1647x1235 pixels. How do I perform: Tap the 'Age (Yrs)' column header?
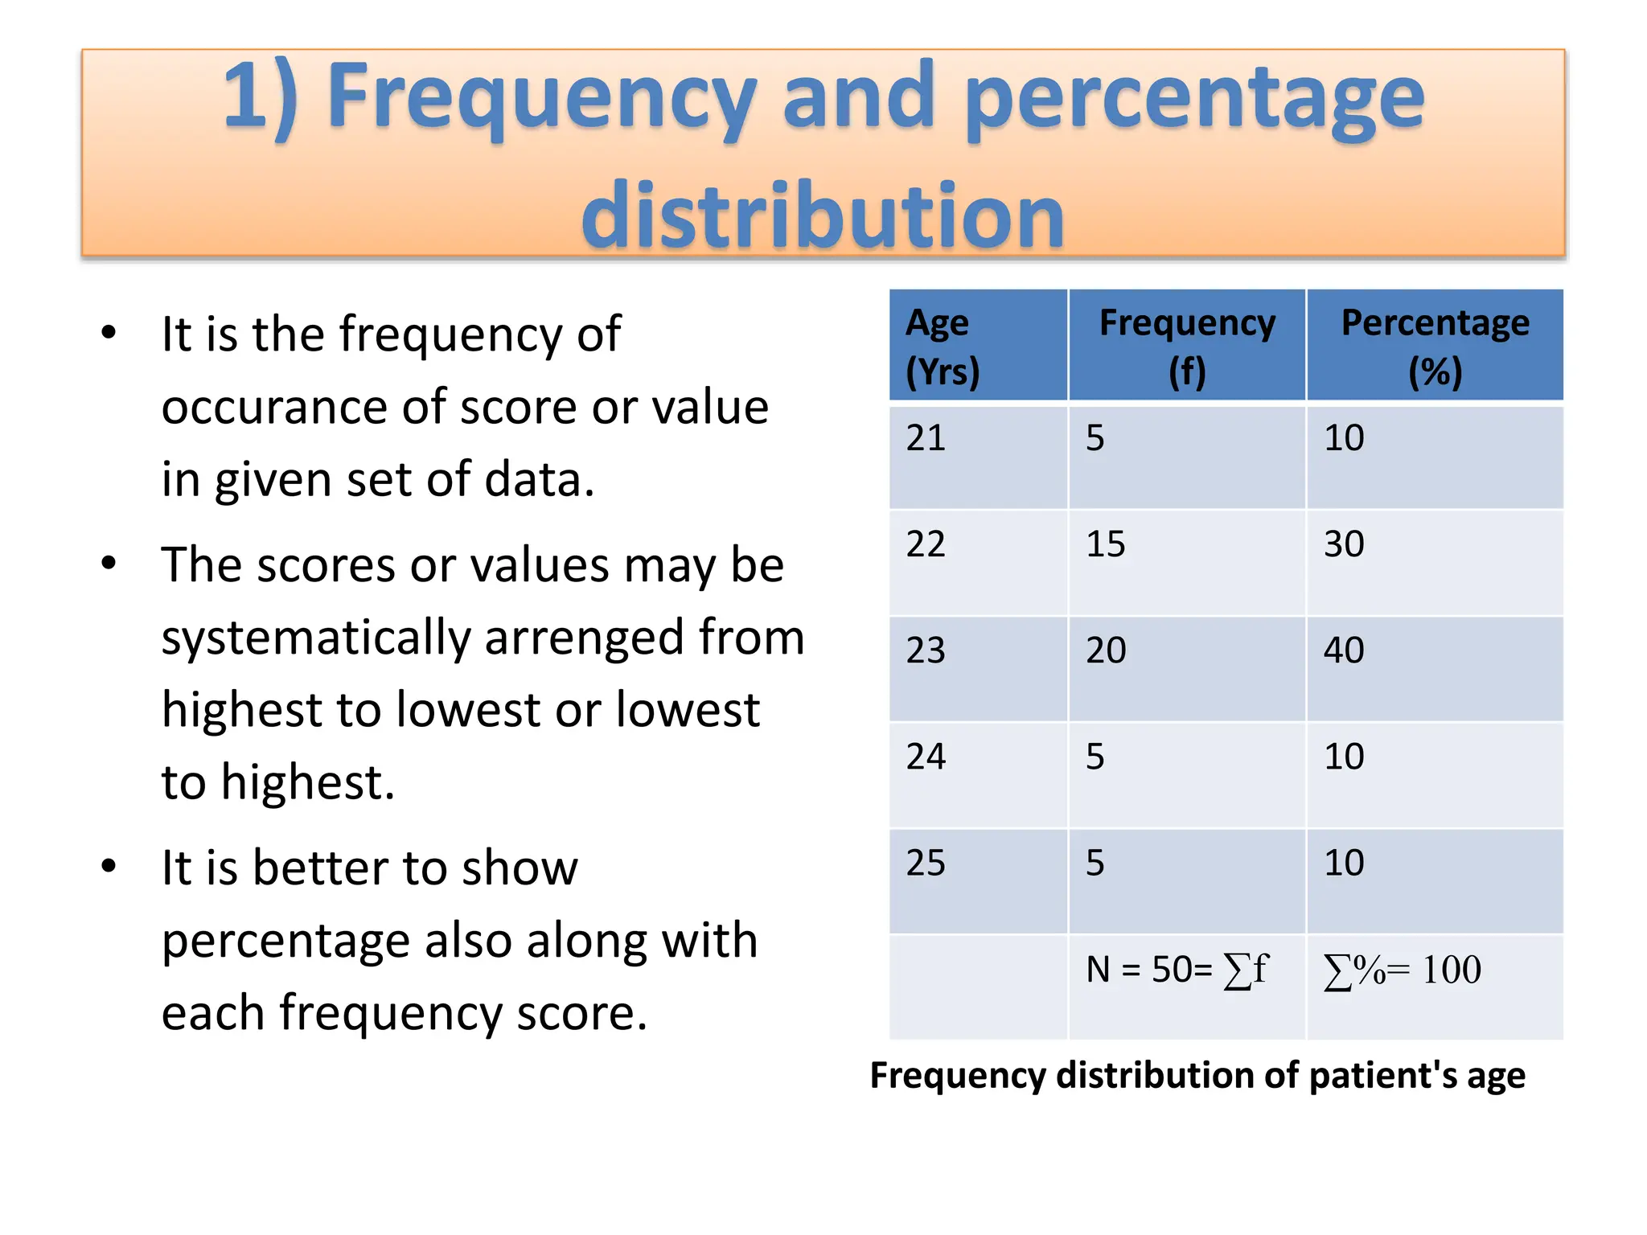[x=943, y=347]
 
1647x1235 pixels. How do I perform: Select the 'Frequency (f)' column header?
[x=1187, y=347]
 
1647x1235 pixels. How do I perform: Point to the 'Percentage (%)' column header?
[x=1435, y=347]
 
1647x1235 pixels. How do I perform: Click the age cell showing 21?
[x=926, y=438]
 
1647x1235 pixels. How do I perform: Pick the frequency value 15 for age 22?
[x=1106, y=544]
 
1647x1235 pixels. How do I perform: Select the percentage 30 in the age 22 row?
[x=1344, y=544]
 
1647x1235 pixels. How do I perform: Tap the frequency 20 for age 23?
[x=1106, y=650]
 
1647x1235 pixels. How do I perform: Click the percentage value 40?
[x=1344, y=650]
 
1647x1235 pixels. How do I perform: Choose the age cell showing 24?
[x=926, y=757]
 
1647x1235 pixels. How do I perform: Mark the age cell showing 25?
[x=926, y=863]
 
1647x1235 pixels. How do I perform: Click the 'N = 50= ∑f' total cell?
[x=1177, y=970]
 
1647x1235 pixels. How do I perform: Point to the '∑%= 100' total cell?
[x=1402, y=970]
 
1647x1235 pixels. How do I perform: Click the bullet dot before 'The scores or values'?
[x=109, y=563]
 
